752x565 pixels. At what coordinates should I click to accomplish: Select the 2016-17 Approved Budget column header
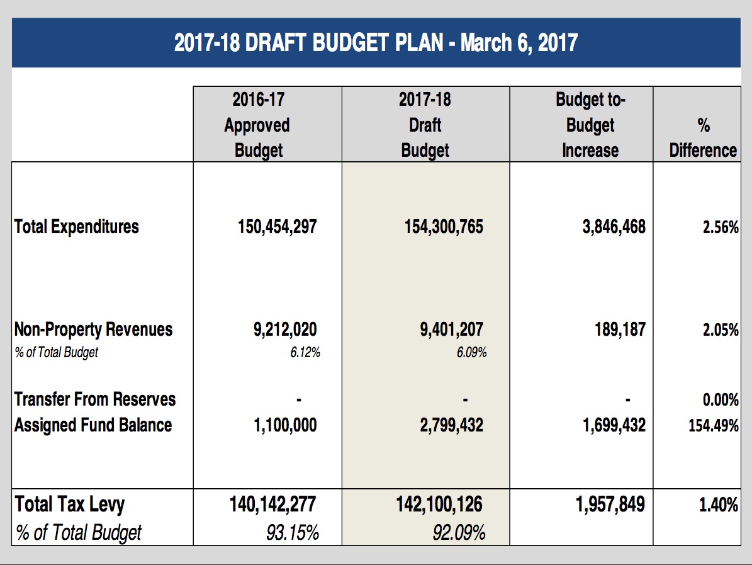click(x=258, y=125)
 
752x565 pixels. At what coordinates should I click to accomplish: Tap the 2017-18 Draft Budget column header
click(x=425, y=125)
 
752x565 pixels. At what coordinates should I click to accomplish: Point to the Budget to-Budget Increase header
click(x=590, y=125)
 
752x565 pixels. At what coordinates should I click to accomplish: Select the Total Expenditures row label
click(x=77, y=227)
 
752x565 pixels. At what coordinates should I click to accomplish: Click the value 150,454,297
click(x=278, y=227)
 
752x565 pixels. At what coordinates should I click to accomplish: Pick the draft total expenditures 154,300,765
click(x=444, y=227)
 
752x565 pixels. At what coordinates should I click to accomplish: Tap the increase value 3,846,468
click(x=614, y=227)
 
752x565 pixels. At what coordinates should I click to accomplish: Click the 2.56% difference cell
click(x=721, y=227)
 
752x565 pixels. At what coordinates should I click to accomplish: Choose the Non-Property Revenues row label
click(x=94, y=330)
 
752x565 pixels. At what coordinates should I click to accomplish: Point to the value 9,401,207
click(x=452, y=329)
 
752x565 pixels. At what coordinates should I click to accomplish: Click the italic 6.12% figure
click(x=305, y=352)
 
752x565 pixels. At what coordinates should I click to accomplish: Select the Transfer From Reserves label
click(x=95, y=399)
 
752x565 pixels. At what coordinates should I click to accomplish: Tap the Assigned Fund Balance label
click(x=93, y=425)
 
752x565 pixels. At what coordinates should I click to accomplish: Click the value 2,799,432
click(x=452, y=425)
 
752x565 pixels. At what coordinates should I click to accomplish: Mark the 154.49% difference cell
click(x=714, y=425)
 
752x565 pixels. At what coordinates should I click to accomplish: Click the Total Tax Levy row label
click(x=70, y=505)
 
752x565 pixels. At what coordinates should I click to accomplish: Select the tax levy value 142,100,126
click(x=439, y=505)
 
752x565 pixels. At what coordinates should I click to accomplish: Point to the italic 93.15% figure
click(x=293, y=532)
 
